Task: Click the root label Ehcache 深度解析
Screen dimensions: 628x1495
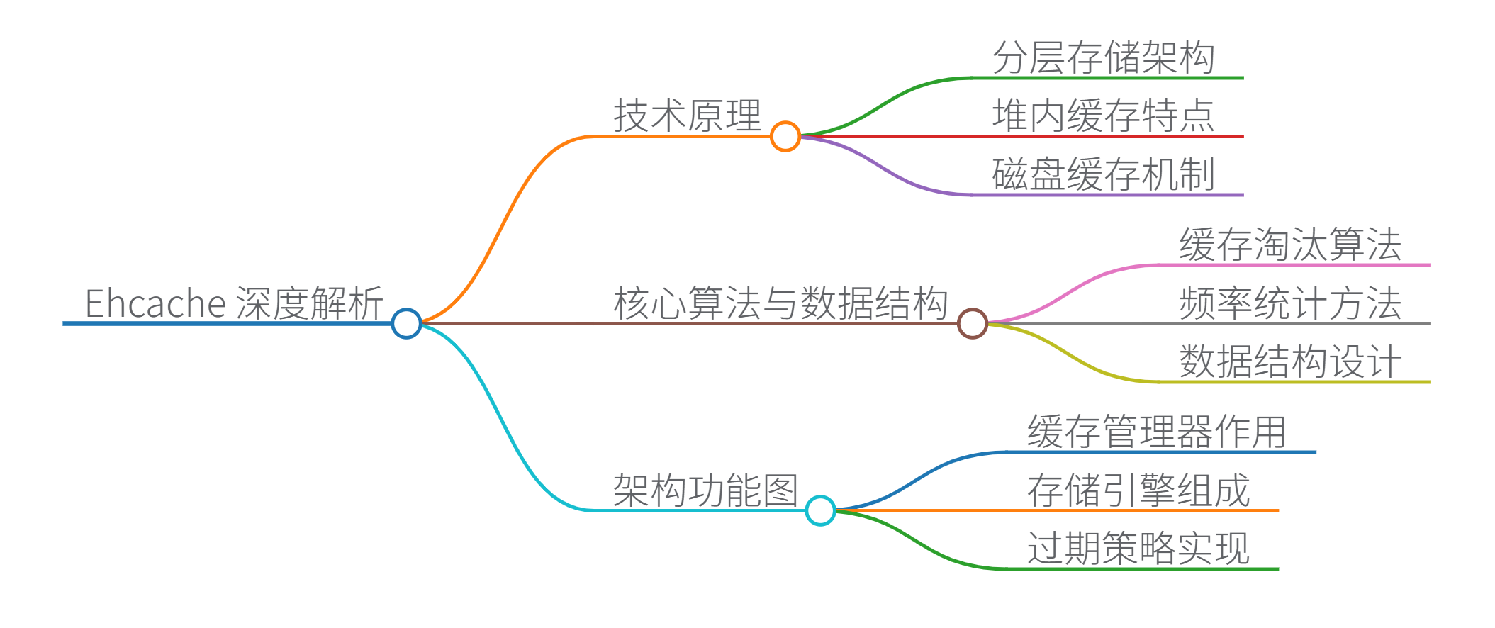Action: click(234, 303)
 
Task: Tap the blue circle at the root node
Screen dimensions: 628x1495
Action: click(407, 323)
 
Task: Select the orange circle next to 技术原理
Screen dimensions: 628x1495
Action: click(785, 136)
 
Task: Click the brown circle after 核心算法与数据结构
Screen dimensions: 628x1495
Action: click(973, 323)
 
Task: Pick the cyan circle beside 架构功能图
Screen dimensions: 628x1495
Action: click(821, 510)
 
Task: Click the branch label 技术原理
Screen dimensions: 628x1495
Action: click(687, 116)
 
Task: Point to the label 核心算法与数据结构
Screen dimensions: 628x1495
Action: click(780, 303)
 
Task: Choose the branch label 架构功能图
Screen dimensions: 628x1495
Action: click(705, 490)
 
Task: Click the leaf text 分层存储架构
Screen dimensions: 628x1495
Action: click(1103, 57)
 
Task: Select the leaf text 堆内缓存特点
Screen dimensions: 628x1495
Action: click(1103, 116)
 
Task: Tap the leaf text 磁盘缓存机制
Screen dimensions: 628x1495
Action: click(1103, 174)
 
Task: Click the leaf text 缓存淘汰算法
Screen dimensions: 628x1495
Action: click(1290, 245)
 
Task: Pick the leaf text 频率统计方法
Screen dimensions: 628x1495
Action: click(1290, 303)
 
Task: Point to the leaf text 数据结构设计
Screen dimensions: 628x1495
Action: click(1290, 361)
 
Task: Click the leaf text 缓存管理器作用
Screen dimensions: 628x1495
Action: click(1157, 432)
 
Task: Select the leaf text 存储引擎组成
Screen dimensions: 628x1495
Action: click(1138, 490)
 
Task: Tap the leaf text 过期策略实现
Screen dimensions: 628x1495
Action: click(1138, 549)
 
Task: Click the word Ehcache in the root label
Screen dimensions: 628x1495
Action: click(155, 303)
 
